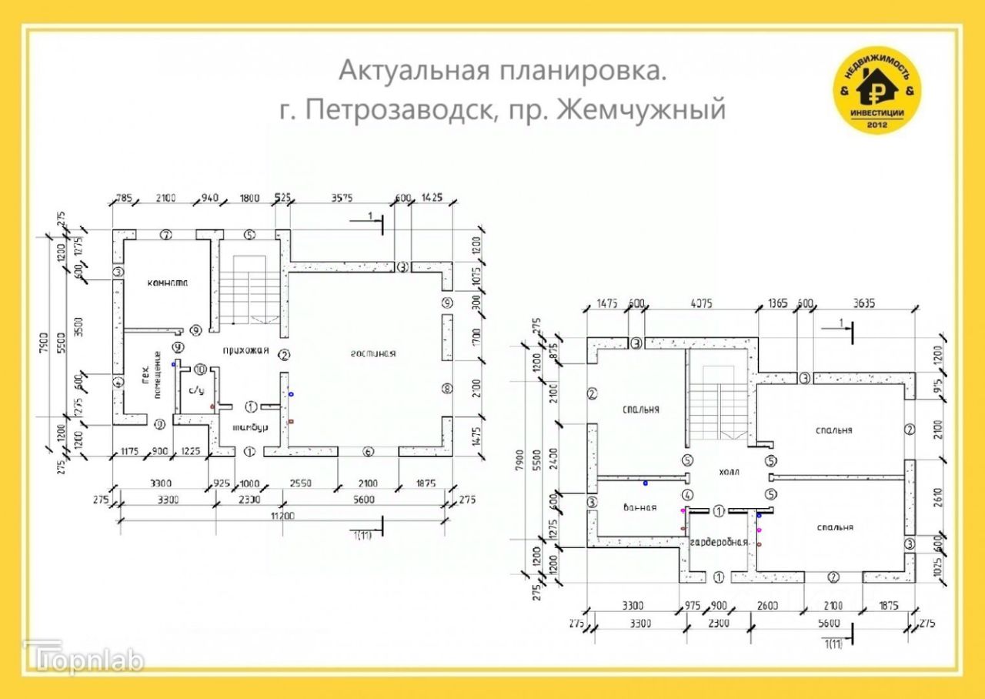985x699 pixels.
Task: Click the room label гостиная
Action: coord(373,353)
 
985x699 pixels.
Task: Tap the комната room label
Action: coord(167,283)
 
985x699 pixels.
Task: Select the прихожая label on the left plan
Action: coord(245,351)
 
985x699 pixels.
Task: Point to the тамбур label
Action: coord(249,428)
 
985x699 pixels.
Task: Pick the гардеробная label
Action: coord(719,542)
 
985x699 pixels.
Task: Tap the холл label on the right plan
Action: coord(728,472)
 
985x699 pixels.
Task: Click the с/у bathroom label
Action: coord(196,391)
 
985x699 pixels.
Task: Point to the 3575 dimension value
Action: coord(341,198)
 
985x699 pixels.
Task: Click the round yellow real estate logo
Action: coord(877,90)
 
